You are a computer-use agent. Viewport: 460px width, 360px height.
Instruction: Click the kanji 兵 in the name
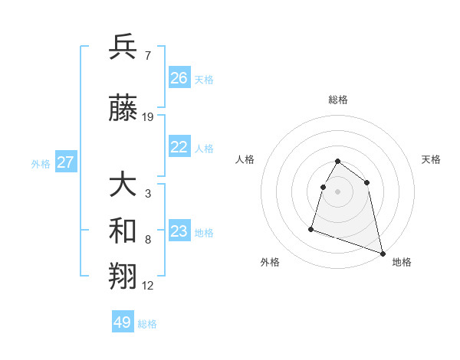click(x=123, y=48)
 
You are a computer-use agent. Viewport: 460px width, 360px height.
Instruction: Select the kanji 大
click(x=123, y=186)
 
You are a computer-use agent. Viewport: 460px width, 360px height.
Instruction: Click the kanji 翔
click(x=123, y=277)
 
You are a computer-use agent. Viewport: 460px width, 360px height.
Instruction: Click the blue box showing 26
click(x=179, y=78)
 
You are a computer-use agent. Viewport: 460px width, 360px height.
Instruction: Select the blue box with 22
click(x=179, y=148)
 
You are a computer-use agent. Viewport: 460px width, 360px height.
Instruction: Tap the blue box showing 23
click(x=179, y=231)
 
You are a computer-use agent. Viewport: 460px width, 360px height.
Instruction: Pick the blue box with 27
click(x=66, y=162)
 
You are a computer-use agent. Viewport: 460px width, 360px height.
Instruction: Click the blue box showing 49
click(x=123, y=322)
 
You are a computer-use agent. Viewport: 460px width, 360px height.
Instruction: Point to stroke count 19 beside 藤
click(x=148, y=117)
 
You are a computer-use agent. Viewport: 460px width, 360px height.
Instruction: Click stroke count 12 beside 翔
click(x=148, y=286)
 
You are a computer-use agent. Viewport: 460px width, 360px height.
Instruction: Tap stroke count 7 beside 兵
click(x=147, y=55)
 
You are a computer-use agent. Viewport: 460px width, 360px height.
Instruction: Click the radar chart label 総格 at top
click(x=338, y=100)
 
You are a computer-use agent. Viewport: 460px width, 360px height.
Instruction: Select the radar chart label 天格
click(x=432, y=159)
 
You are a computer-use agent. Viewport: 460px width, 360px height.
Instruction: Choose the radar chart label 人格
click(x=245, y=159)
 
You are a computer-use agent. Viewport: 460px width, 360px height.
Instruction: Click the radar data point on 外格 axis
click(x=311, y=228)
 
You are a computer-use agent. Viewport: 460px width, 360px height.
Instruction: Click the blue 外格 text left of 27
click(x=41, y=163)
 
